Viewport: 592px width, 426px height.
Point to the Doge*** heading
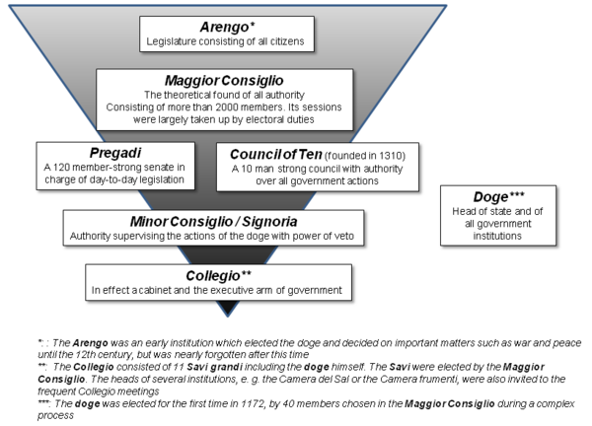tap(491, 195)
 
